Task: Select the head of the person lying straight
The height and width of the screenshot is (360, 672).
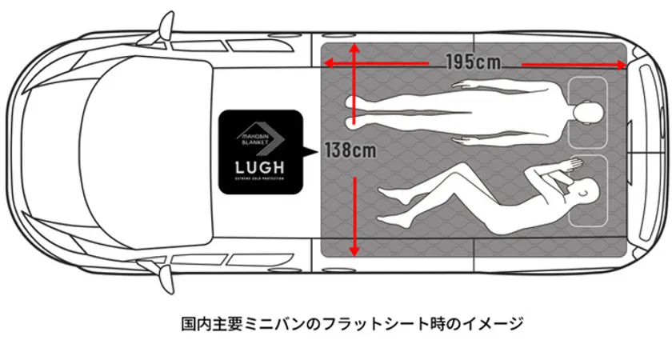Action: (x=589, y=111)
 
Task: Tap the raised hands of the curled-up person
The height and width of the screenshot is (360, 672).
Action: (x=564, y=166)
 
